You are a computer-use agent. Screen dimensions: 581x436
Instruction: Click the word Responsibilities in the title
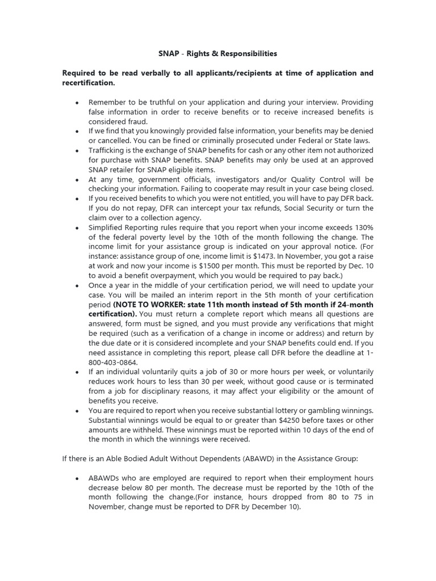(247, 54)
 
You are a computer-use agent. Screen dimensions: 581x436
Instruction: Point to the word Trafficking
(107, 150)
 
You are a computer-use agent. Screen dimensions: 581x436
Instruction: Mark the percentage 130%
(363, 228)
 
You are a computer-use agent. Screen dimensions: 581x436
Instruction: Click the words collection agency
(171, 218)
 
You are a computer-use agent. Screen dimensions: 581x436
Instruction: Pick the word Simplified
(107, 228)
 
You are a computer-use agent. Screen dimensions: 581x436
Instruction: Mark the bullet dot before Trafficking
(77, 150)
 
